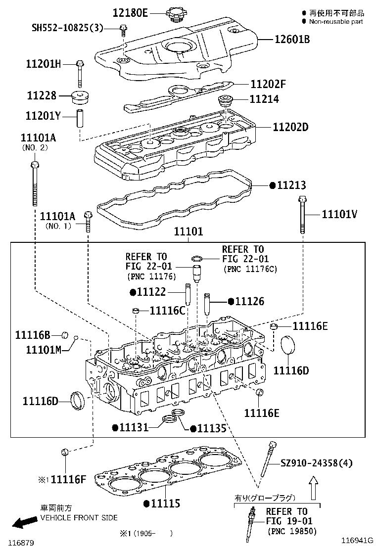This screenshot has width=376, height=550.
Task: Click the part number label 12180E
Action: (x=130, y=13)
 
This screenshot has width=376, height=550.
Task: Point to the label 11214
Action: (x=264, y=99)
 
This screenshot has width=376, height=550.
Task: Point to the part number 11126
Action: (x=249, y=301)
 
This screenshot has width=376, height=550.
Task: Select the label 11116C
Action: (x=167, y=310)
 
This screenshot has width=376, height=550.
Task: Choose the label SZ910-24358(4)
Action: (x=317, y=463)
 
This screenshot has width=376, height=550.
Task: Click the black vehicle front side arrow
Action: (x=24, y=522)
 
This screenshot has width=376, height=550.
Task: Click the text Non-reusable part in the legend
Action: (x=336, y=22)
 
